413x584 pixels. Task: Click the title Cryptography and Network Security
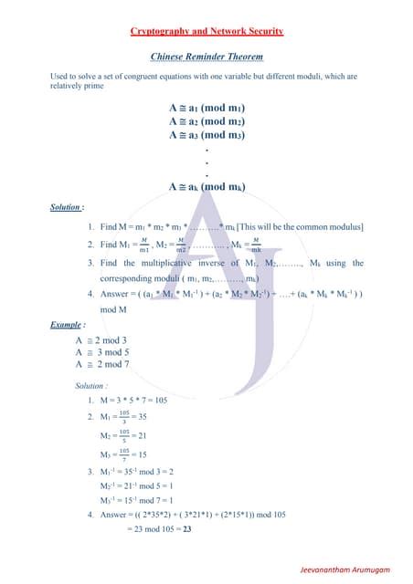(x=206, y=31)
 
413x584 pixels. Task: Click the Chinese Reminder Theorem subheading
(x=206, y=57)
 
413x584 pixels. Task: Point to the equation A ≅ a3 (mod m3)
(x=206, y=134)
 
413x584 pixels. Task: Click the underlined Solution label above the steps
(x=68, y=207)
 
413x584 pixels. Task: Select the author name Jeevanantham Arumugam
(x=345, y=569)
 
